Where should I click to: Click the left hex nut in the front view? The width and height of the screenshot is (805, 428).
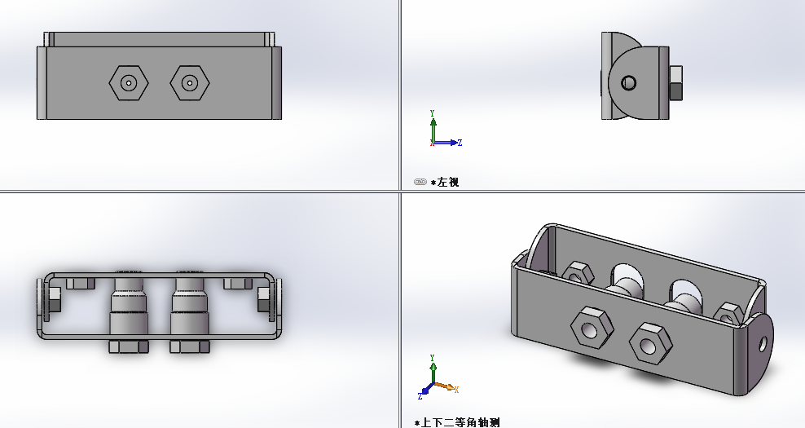click(x=129, y=82)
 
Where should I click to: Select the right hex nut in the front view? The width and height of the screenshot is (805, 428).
click(x=190, y=82)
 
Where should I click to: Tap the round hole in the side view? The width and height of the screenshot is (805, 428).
click(x=629, y=82)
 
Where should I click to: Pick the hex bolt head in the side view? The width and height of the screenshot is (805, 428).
click(x=675, y=82)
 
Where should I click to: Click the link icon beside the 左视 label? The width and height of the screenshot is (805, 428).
click(x=420, y=182)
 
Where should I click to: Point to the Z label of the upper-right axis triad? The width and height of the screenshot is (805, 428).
click(x=460, y=143)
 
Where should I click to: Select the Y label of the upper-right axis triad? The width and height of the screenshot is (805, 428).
click(x=432, y=113)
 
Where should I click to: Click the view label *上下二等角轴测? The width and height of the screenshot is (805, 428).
click(x=457, y=422)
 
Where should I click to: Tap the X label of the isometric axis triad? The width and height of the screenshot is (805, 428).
click(x=456, y=389)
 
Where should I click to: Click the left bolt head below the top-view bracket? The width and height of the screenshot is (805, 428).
click(x=129, y=346)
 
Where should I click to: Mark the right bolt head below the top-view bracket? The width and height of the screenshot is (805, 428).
click(x=190, y=346)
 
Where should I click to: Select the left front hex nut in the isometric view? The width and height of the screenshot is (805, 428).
click(x=591, y=328)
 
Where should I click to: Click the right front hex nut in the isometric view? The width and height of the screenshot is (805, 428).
click(x=652, y=343)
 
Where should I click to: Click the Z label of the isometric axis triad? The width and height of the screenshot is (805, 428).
click(x=420, y=395)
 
